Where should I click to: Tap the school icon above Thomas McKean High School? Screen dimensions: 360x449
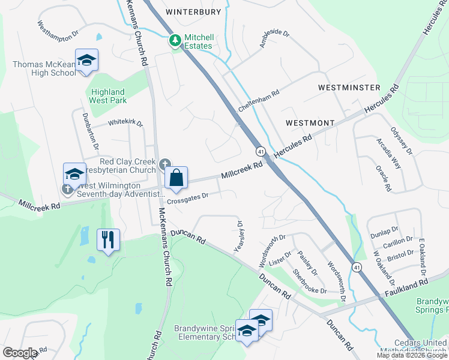tap(86, 60)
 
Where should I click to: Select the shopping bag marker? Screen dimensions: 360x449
tap(176, 178)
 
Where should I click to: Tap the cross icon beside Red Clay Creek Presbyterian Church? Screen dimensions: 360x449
tap(166, 163)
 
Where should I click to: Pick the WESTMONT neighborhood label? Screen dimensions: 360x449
tap(310, 122)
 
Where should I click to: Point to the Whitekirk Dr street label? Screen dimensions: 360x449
tap(125, 123)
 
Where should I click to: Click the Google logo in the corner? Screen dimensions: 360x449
tap(20, 353)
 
